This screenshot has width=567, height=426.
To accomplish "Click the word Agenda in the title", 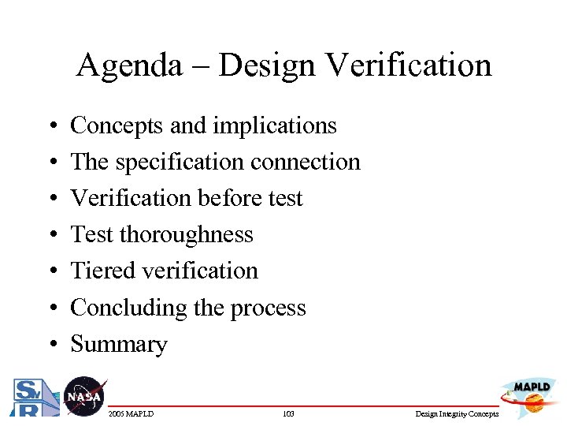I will (x=128, y=65).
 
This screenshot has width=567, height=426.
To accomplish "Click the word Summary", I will (x=119, y=345).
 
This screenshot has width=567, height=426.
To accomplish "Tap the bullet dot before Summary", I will (x=50, y=345).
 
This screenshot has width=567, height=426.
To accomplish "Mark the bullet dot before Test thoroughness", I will (x=50, y=235).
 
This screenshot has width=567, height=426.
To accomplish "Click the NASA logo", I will (x=83, y=396).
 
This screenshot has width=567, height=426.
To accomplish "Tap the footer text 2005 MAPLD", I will (x=132, y=413).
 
